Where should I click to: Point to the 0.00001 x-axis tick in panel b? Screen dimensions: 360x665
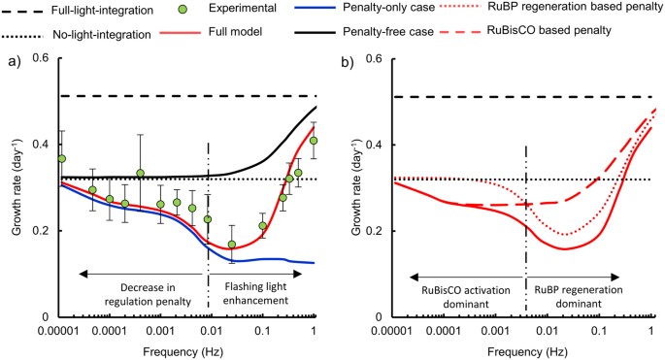tap(400, 332)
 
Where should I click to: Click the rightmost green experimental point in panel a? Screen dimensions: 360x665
tap(314, 141)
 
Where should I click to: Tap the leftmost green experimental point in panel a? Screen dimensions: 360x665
tap(62, 158)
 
